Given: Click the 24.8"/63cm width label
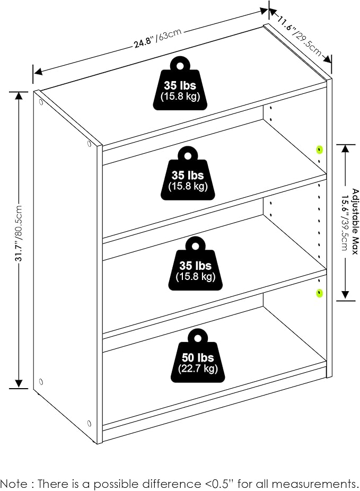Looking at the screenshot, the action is [x=158, y=38].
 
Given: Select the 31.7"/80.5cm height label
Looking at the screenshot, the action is [x=19, y=233].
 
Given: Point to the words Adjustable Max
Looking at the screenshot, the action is [x=355, y=222].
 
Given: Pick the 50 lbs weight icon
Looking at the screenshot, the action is [x=198, y=355].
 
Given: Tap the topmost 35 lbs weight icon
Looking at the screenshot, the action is [x=180, y=83].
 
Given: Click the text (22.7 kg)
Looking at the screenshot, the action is [x=198, y=368].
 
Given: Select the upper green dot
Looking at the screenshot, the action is [x=319, y=150].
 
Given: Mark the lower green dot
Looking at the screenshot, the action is [x=319, y=293].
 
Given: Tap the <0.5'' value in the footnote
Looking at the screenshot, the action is [x=217, y=483].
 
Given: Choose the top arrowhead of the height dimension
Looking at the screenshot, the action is [x=19, y=96].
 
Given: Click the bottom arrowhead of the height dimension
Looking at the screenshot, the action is [x=19, y=384].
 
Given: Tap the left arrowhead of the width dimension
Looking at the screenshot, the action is [x=38, y=72].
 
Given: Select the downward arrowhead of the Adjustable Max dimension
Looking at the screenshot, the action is [x=345, y=295].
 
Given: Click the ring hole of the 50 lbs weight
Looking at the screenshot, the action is [x=198, y=338].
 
